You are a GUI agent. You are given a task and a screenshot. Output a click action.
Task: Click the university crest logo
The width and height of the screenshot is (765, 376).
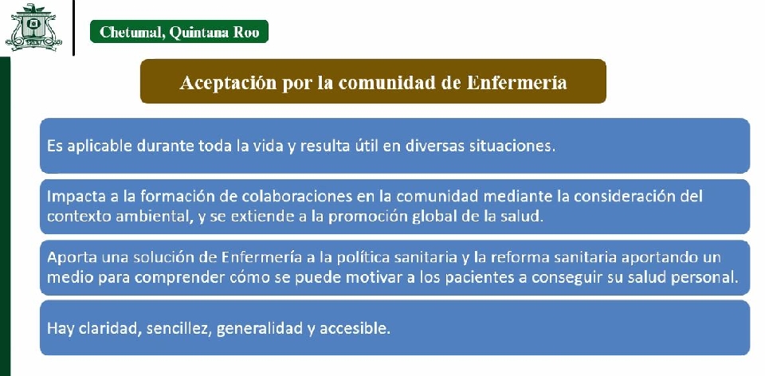click(x=33, y=27)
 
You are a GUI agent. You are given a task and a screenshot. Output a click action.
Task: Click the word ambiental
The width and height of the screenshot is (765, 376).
click(x=151, y=216)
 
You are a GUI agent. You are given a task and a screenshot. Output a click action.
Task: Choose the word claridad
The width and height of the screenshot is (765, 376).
click(x=110, y=328)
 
